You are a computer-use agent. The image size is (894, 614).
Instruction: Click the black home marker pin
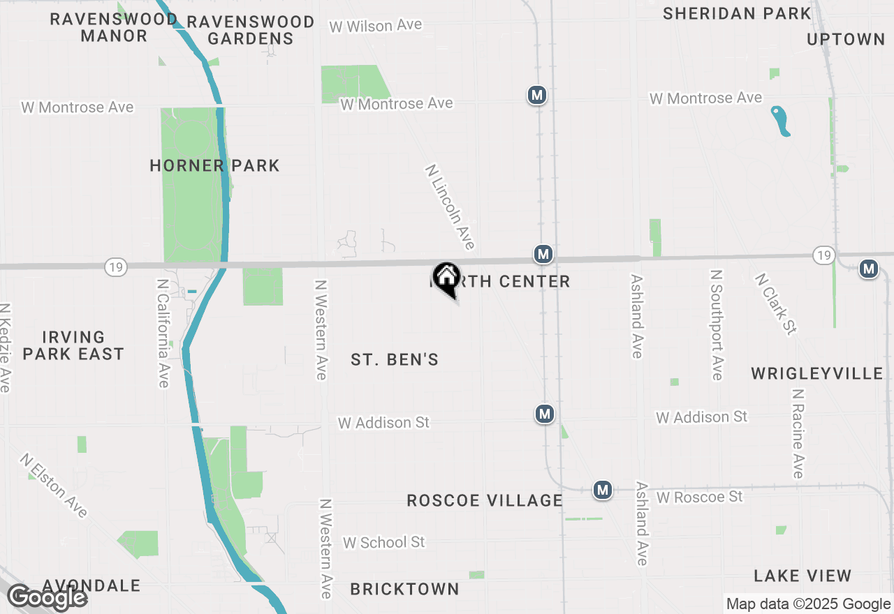tap(446, 278)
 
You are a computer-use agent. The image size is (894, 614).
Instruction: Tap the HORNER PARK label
tap(214, 165)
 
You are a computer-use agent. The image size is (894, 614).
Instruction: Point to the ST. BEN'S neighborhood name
tap(395, 359)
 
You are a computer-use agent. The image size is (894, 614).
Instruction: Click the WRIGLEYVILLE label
tap(817, 373)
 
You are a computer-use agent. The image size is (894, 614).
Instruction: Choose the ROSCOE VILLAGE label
tap(485, 500)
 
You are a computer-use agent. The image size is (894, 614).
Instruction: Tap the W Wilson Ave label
tap(376, 26)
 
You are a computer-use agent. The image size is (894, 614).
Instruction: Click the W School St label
tap(383, 542)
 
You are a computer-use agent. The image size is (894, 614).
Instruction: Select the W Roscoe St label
tap(700, 497)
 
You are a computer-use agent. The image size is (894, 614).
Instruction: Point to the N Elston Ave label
tap(54, 486)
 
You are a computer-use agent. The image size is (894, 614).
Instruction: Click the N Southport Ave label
tap(716, 325)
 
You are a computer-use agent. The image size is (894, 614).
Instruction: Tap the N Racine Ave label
tap(798, 433)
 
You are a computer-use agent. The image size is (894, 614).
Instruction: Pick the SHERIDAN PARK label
tap(737, 13)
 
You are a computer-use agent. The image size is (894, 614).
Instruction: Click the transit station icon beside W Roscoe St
tap(603, 490)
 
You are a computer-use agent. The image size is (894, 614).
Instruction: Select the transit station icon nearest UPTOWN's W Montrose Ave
tap(536, 95)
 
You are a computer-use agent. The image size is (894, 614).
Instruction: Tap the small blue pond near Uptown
tap(780, 121)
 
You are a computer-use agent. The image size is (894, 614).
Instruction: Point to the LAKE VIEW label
tap(803, 576)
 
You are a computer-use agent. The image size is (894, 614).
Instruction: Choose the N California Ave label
tap(163, 334)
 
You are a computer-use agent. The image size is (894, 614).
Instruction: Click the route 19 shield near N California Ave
tap(115, 266)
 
